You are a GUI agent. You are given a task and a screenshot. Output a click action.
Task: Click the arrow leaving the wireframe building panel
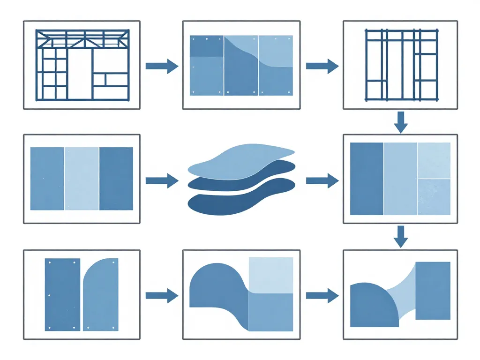(x=162, y=66)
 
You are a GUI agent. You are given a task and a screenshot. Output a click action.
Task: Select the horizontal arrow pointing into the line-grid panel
(x=322, y=66)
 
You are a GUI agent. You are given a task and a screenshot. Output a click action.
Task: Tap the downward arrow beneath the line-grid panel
(x=401, y=122)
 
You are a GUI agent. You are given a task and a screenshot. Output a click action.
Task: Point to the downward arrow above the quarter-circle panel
(x=400, y=236)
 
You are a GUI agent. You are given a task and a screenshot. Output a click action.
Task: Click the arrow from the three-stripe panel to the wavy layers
(x=162, y=180)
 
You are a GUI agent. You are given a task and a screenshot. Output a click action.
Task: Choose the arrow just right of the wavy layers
(x=322, y=180)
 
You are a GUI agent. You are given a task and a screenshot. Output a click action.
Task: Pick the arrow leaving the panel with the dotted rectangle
(x=162, y=295)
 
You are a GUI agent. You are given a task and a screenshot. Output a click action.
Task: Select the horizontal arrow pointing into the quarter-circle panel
(x=322, y=295)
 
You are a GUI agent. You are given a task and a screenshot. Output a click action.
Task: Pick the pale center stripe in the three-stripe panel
(x=82, y=179)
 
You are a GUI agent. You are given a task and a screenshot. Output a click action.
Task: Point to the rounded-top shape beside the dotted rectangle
(x=100, y=295)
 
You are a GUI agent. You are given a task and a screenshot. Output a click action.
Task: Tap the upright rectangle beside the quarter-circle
(x=433, y=291)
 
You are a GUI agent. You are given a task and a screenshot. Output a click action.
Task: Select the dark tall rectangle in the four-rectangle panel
(x=367, y=179)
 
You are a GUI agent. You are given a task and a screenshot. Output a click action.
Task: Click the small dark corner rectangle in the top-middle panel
(x=206, y=46)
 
